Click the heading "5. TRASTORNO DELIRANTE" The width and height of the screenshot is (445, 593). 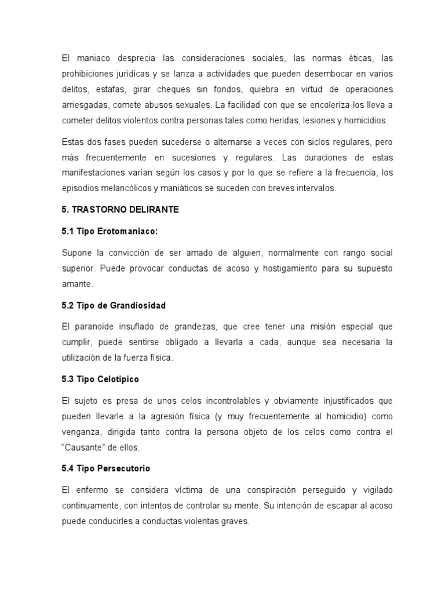[x=120, y=210]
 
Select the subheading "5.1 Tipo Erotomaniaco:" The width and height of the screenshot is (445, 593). [x=110, y=231]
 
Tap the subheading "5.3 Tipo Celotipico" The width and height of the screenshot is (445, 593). [x=100, y=379]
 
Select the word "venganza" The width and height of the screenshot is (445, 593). [x=82, y=432]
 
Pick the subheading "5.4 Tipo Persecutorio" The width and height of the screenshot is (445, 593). [x=105, y=468]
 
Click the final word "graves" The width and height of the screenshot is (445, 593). [x=234, y=521]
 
